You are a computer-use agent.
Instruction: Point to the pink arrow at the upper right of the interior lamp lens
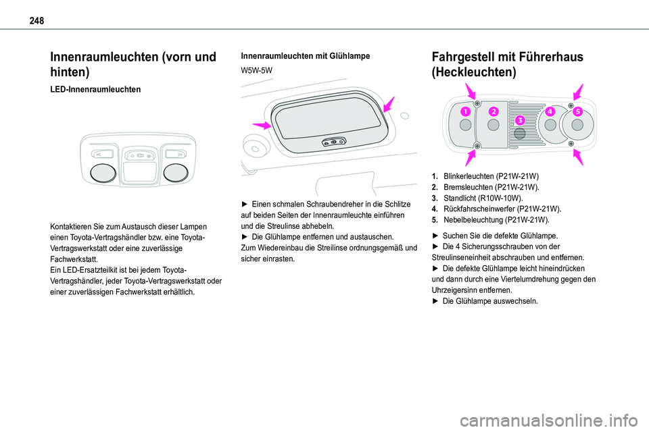click(x=387, y=104)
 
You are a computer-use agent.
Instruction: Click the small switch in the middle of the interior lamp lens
click(x=334, y=142)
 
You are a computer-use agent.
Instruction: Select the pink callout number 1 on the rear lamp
click(x=466, y=111)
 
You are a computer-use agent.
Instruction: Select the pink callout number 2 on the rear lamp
click(x=494, y=111)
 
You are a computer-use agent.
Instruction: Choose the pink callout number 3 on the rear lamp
click(x=519, y=120)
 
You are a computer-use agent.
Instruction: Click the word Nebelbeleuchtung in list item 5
click(x=472, y=220)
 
